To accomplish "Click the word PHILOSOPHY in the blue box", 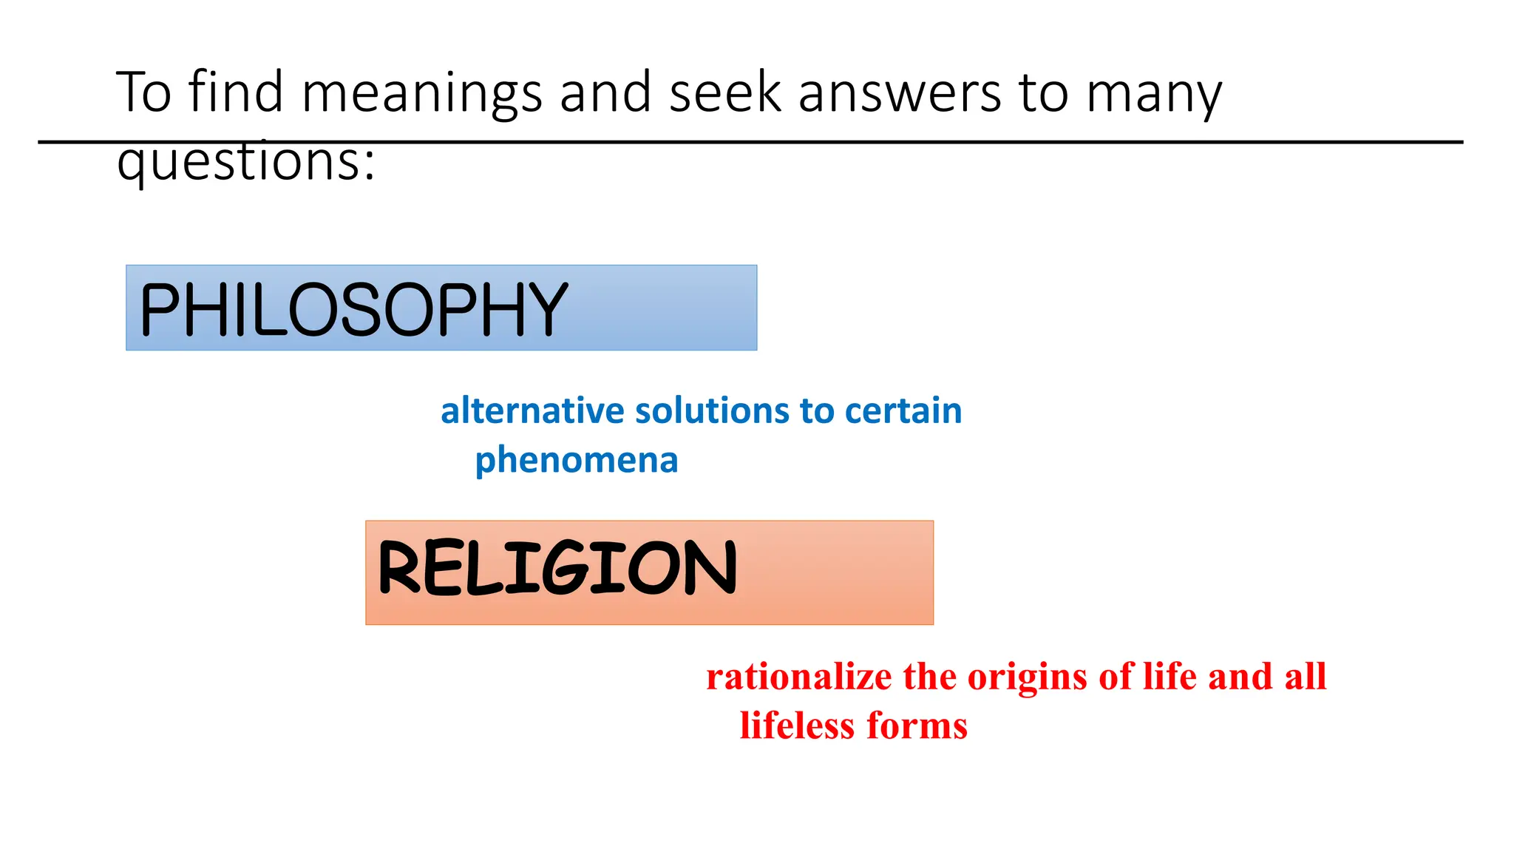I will pyautogui.click(x=353, y=309).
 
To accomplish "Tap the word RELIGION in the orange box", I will pyautogui.click(x=557, y=568).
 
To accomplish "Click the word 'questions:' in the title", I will pyautogui.click(x=246, y=161).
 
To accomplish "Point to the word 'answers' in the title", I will pyautogui.click(x=899, y=93).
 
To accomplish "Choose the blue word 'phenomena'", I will pyautogui.click(x=577, y=461).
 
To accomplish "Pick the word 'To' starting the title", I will pyautogui.click(x=144, y=92).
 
